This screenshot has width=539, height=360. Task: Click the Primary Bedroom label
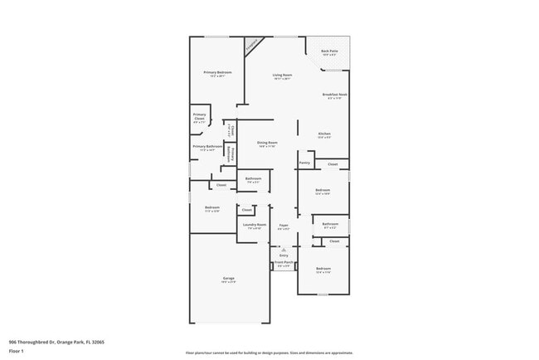pos(217,73)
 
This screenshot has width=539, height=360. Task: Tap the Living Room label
pos(283,75)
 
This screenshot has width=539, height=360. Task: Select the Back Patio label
pos(329,51)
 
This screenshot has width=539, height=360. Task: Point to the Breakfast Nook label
pos(334,95)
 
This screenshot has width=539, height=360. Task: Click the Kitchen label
pos(325,134)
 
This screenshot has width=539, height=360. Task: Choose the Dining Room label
pos(266,143)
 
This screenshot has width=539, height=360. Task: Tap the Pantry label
pos(304,163)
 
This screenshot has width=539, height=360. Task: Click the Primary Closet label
pos(199,117)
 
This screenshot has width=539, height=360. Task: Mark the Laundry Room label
pos(254,224)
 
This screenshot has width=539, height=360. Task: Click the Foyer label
pos(284,224)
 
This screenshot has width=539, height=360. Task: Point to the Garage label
pos(228,278)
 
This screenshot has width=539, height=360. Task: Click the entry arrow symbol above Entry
pos(284,249)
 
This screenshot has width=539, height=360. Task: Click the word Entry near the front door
pos(284,255)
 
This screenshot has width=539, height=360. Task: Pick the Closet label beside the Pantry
pos(333,164)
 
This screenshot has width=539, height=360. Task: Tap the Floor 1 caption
pos(16,351)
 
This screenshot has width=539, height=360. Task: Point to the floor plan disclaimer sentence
pos(269,353)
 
